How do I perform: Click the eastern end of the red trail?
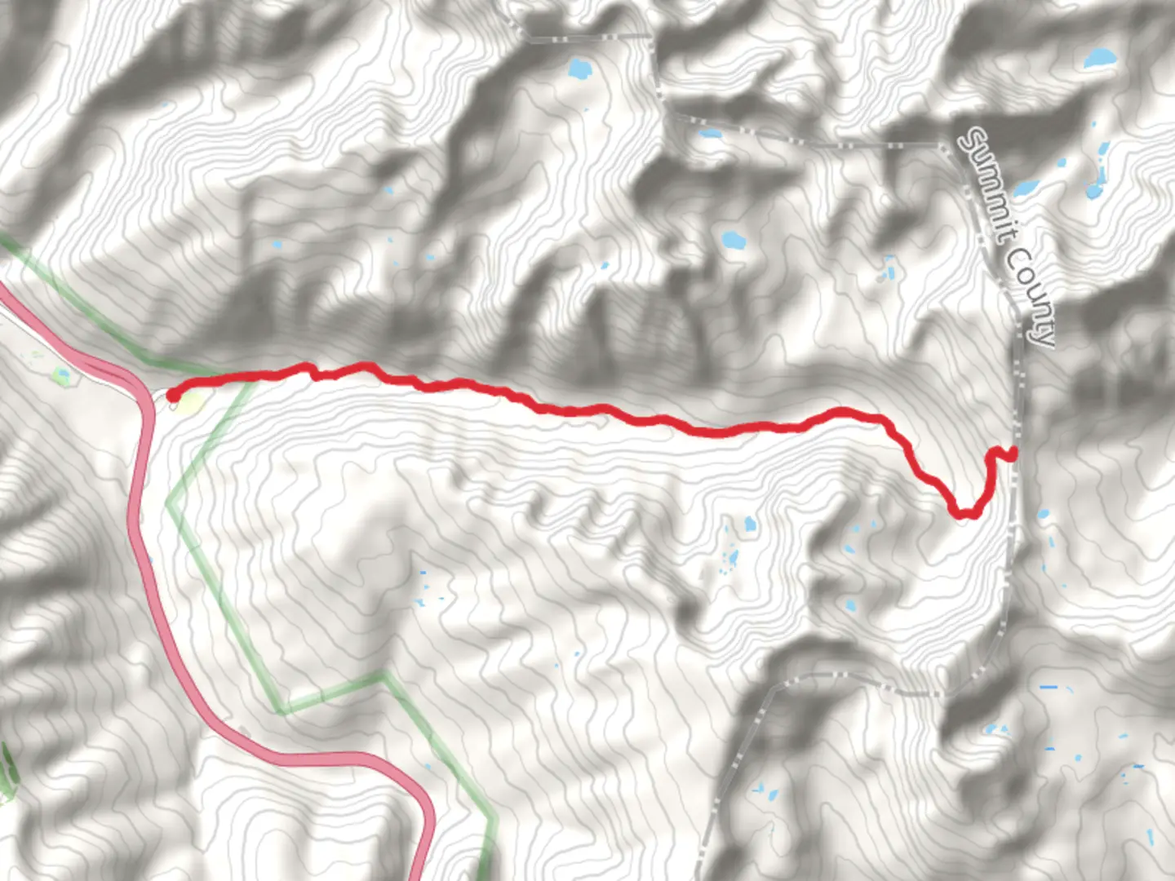(x=1013, y=453)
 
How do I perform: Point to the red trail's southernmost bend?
(x=964, y=513)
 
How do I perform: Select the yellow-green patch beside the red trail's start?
(x=189, y=401)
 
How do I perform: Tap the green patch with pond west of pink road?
(x=62, y=375)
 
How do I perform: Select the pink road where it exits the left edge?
(x=3, y=294)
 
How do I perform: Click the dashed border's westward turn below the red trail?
(x=938, y=693)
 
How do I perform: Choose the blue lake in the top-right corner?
(x=1098, y=59)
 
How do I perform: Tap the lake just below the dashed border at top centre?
(x=579, y=69)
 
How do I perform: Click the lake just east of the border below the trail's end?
(x=1042, y=515)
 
